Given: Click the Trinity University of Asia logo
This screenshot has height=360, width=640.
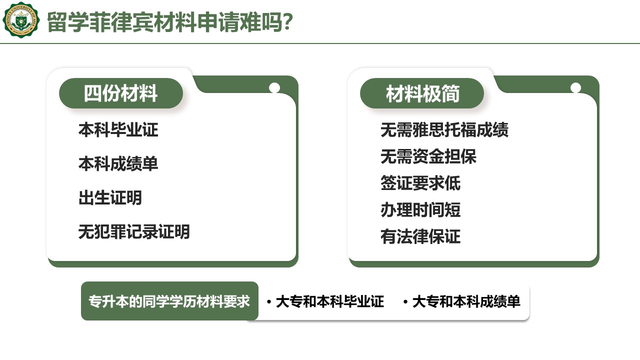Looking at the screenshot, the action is point(21,19).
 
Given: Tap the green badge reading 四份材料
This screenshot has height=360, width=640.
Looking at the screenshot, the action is point(121,93).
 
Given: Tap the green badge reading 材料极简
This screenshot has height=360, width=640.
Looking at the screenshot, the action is point(422,93).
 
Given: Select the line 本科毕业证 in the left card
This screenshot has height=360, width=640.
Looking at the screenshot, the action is point(118,130).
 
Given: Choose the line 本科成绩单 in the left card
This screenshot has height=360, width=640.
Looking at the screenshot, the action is point(118,163).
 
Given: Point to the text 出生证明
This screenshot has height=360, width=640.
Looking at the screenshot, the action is point(110,197).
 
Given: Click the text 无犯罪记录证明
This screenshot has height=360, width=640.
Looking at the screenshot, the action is point(134,231).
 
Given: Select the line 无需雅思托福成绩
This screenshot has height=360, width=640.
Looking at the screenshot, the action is point(444,130).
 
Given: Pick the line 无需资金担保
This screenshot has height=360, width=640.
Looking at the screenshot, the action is point(428,156).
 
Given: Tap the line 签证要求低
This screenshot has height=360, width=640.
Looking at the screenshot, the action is point(420,183).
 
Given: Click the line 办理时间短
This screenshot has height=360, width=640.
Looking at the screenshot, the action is point(420,210).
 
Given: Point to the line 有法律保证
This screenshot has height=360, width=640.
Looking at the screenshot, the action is point(420,236).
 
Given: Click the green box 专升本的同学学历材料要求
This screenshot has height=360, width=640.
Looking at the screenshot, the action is point(169,301).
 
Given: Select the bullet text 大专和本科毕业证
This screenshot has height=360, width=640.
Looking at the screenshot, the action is point(330,301).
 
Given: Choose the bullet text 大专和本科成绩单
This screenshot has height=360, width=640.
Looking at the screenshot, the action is point(466,301).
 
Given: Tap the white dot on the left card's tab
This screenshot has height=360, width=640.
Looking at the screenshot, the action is point(274,87).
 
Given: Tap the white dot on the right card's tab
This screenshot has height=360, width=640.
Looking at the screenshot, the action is point(575,87).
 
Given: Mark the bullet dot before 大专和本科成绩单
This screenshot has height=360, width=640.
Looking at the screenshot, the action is point(405,302).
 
